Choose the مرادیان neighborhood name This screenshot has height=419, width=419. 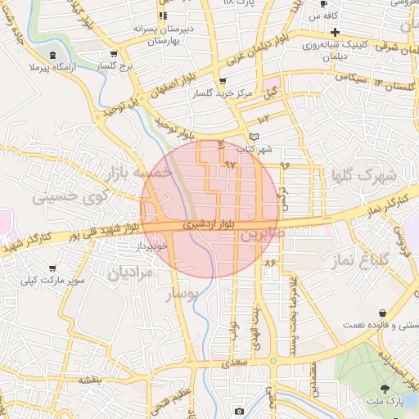pos(128,272)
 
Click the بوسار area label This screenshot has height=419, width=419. pos(181,294)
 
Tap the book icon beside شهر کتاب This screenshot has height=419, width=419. pos(254,137)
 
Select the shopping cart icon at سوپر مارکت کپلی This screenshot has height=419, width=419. pos(53,268)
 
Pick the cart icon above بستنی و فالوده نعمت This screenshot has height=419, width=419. pos(383,313)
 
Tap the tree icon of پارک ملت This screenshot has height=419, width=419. pos(385,387)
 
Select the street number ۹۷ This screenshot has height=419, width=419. pos(229,164)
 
